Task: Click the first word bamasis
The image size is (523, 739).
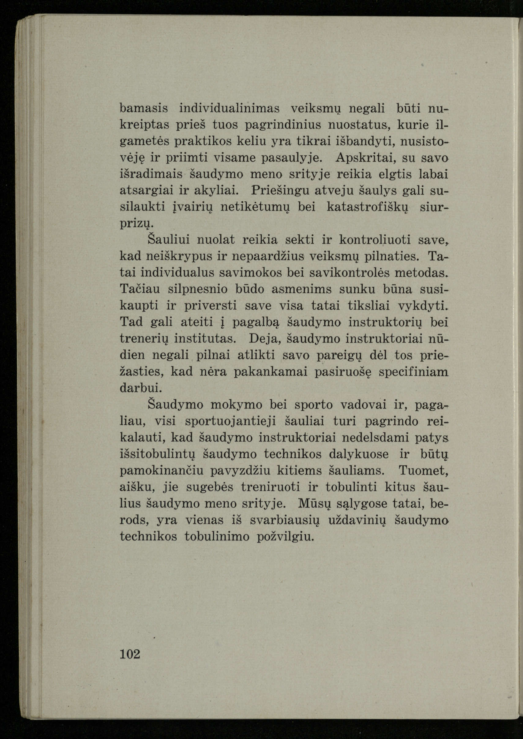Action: click(x=144, y=109)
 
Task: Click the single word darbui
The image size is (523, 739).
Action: click(x=140, y=388)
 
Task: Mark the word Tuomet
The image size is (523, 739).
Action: click(x=424, y=471)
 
